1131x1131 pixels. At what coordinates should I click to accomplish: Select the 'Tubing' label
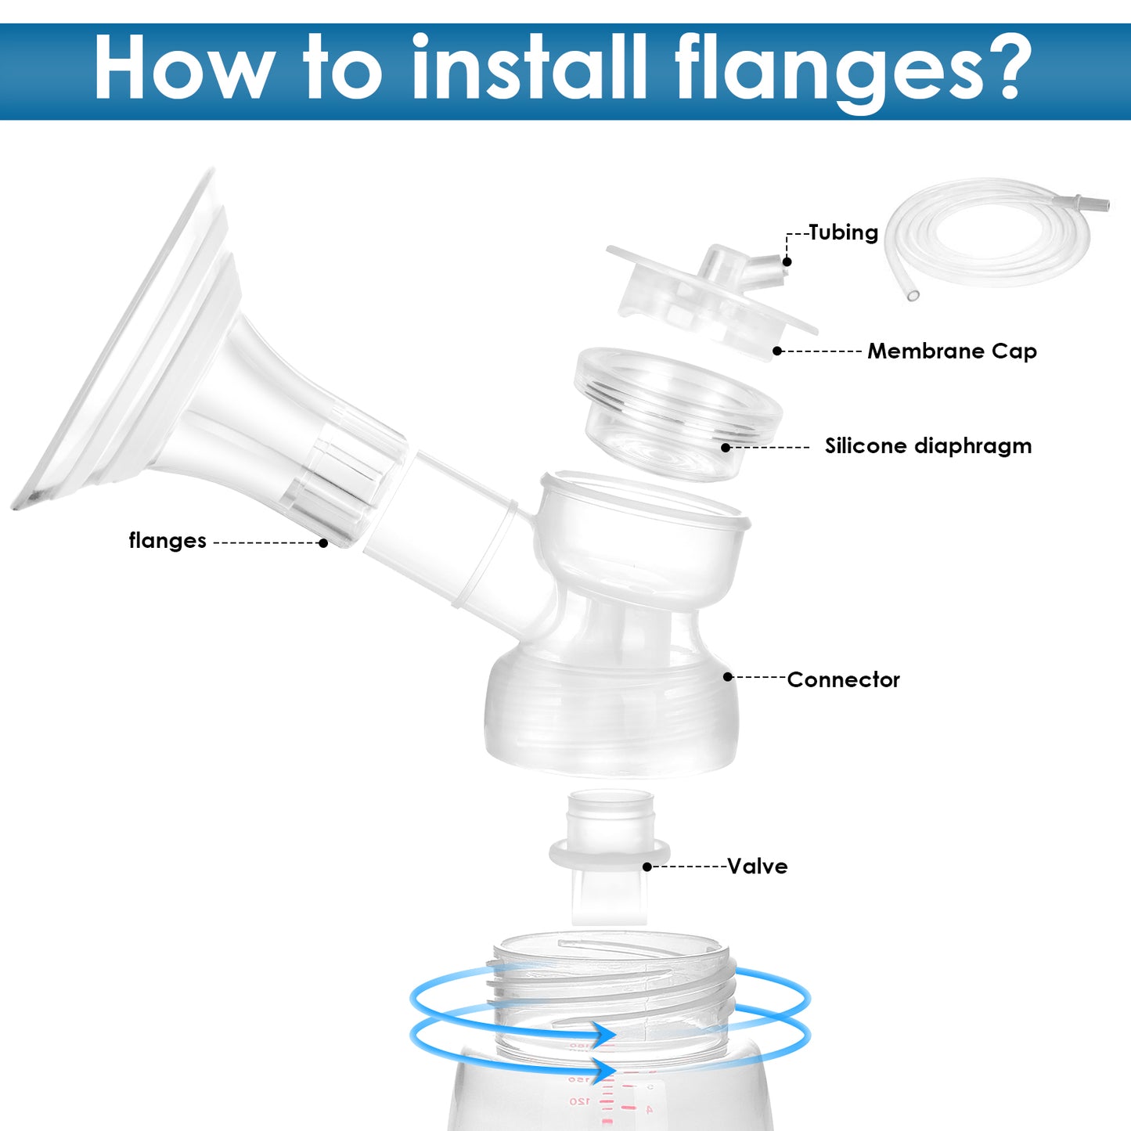coord(844,232)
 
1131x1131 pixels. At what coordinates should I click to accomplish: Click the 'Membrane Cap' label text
coord(952,351)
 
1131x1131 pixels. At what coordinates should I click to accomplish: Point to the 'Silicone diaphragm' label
coord(928,446)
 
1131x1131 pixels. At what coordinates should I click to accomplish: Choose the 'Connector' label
coord(843,679)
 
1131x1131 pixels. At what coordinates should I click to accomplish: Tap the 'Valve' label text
coord(757,866)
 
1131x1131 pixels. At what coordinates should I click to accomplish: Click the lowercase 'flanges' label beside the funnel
coord(167,541)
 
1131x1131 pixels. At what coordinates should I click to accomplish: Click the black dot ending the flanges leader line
coord(322,543)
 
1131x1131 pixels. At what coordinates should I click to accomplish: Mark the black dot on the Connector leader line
coord(728,677)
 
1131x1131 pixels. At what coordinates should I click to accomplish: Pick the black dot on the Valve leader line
coord(647,867)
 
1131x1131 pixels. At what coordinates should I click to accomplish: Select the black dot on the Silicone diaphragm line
coord(726,447)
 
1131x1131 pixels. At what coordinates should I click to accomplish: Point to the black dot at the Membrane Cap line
coord(777,351)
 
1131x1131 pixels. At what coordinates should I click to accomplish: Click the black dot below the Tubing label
coord(787,261)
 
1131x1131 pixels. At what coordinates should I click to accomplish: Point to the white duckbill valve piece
coord(609,858)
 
